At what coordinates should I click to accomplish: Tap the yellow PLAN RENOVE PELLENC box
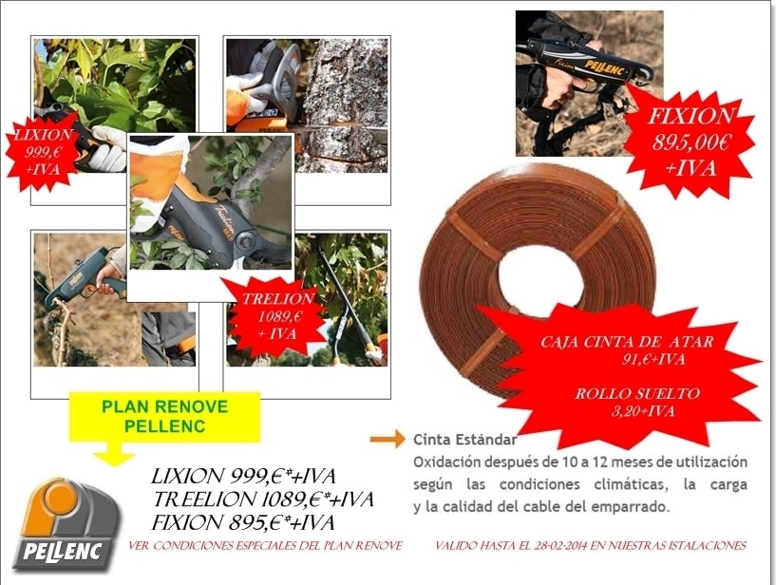point(164,417)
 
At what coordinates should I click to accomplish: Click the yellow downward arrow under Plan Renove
point(114,453)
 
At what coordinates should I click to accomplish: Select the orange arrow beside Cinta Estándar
point(388,439)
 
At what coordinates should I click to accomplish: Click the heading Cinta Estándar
point(465,439)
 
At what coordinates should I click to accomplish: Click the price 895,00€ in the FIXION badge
point(691,142)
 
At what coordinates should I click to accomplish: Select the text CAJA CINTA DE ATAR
point(627,342)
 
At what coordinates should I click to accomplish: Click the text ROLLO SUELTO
point(637,393)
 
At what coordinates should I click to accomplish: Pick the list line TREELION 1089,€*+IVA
point(263,500)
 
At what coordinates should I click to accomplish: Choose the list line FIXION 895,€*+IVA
point(243,522)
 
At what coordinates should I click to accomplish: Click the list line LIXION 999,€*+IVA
point(243,476)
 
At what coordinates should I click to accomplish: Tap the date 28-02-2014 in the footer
point(560,546)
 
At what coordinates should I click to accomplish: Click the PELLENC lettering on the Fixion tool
point(606,67)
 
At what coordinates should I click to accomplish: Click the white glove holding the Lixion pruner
point(108,148)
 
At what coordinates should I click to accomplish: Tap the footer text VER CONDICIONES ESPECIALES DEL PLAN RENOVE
point(266,546)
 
